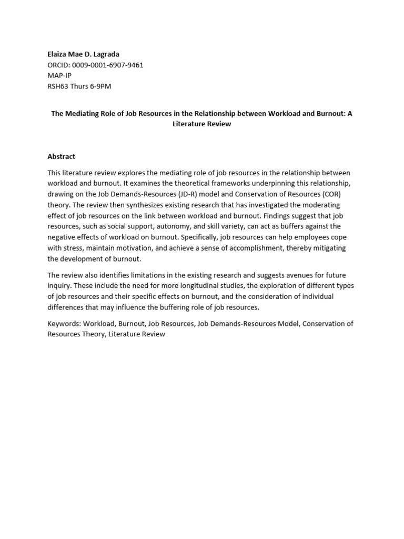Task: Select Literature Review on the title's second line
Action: tap(202, 124)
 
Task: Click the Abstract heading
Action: tap(62, 156)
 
